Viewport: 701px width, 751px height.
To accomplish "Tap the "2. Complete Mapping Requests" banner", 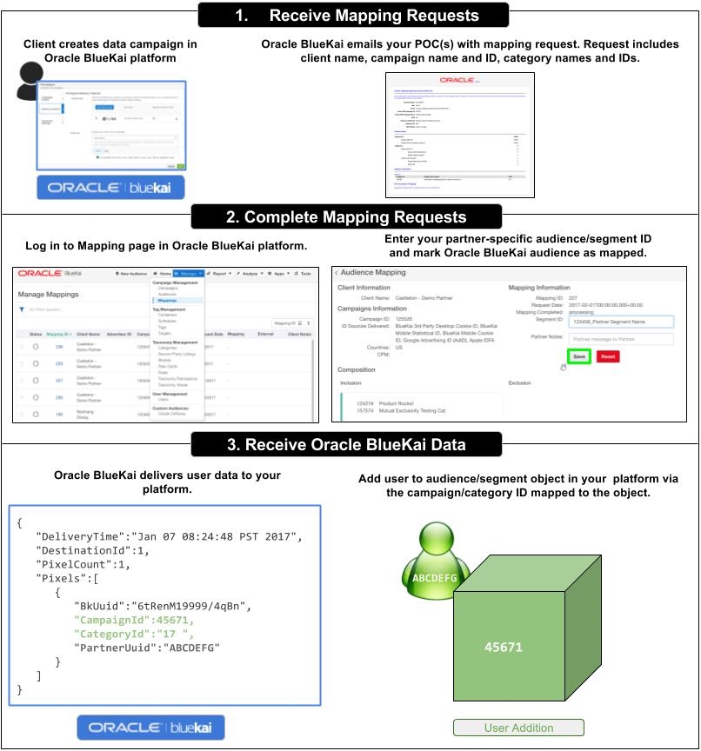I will click(x=345, y=216).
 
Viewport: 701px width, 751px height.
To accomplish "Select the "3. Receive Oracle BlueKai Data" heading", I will click(x=345, y=444).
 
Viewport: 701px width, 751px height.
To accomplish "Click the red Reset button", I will click(x=608, y=356).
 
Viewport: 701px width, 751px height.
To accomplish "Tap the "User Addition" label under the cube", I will click(x=518, y=728).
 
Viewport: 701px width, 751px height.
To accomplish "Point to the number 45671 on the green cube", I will click(x=504, y=648).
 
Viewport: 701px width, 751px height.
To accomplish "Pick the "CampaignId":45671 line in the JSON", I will click(x=136, y=620).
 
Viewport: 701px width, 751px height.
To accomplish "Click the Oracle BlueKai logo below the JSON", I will click(x=150, y=728).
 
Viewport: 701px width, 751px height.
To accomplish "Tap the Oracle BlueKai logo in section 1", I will click(x=110, y=187).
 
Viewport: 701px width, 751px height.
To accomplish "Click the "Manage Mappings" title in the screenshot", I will click(x=48, y=295).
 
